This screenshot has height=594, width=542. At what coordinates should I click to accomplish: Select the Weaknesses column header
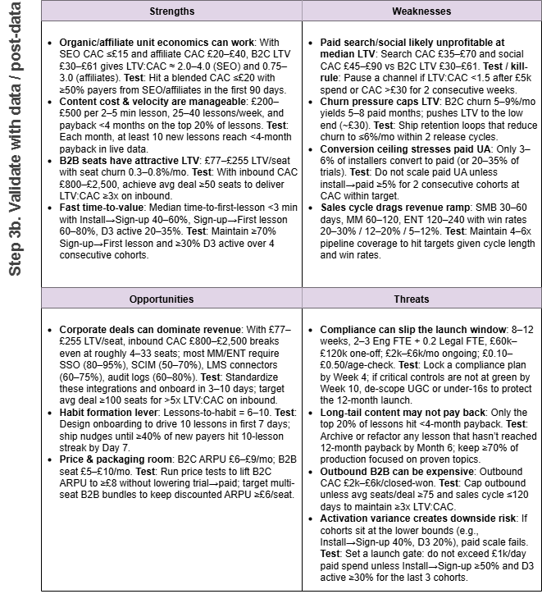coord(421,11)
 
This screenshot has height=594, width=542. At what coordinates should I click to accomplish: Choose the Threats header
coord(421,299)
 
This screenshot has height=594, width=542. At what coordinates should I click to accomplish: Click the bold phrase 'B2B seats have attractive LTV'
coord(129,144)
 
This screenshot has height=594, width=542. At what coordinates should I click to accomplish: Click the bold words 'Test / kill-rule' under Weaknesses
coord(476,67)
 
